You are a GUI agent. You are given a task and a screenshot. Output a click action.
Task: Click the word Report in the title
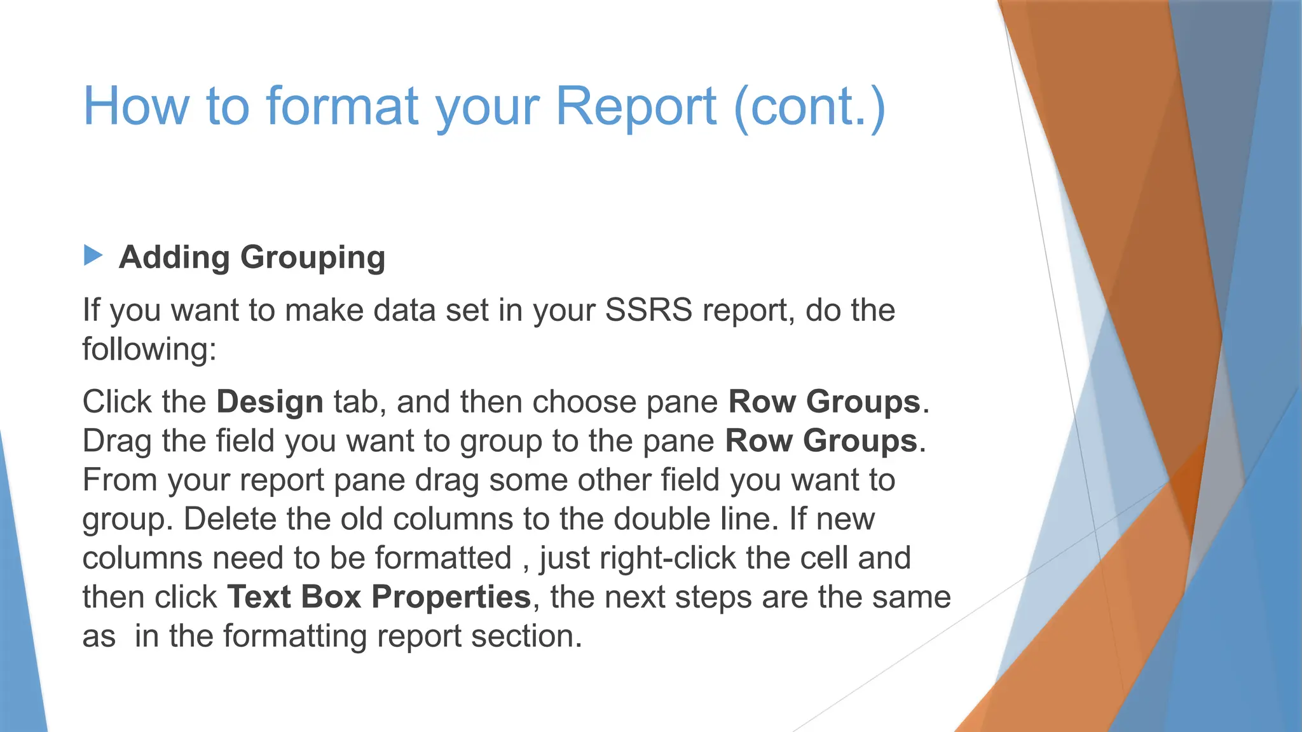point(636,107)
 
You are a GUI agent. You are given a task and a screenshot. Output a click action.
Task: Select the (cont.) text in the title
point(809,107)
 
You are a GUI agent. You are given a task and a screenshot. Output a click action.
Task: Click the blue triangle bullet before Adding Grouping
point(93,255)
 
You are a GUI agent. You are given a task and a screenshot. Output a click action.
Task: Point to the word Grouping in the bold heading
point(313,258)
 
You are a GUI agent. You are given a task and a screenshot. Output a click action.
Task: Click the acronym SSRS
point(648,311)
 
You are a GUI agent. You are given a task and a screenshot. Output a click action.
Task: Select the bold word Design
point(270,402)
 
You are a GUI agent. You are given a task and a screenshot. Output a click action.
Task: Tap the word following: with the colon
point(149,349)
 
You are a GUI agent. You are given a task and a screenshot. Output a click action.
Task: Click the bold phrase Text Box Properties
point(379,597)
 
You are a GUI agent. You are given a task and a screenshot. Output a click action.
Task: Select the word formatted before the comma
point(443,559)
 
